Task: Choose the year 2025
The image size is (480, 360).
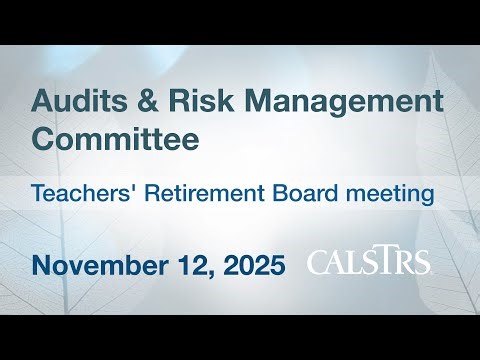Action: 250,265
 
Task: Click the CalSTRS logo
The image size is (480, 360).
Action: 369,262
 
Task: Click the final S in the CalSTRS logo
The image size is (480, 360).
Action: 422,263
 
